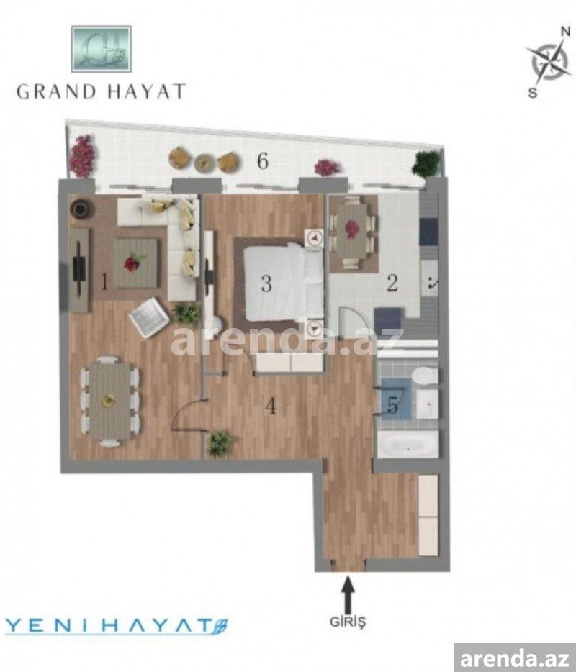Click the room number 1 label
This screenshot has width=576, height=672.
[104, 281]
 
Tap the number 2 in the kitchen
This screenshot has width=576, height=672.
[392, 283]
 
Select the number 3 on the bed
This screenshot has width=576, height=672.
[266, 283]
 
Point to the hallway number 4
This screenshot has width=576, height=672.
[271, 406]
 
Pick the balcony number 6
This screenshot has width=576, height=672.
[263, 160]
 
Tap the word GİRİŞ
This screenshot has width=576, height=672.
[348, 622]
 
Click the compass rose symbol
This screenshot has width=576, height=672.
[549, 62]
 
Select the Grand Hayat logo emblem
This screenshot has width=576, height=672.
[102, 49]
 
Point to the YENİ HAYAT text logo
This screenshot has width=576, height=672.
[117, 627]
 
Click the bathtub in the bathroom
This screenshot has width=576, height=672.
[408, 445]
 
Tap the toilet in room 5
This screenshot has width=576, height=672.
[426, 376]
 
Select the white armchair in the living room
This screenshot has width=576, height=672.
[149, 317]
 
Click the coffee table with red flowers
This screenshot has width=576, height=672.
[135, 263]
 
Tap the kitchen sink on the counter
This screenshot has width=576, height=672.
[430, 280]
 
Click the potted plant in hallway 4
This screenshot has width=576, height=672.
[220, 443]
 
